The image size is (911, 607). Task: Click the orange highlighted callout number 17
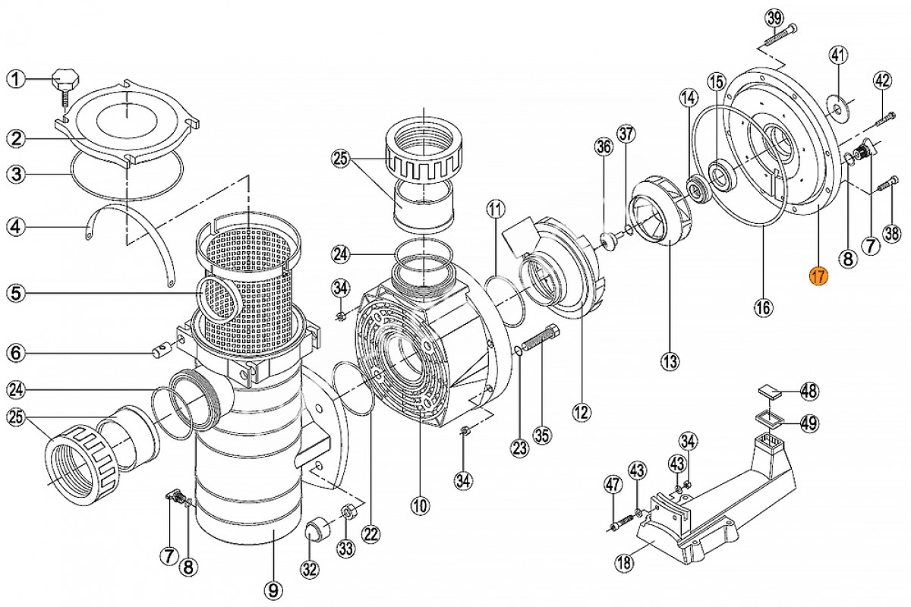pos(818,277)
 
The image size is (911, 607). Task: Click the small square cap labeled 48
pos(768,392)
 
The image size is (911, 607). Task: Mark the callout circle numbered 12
pos(581,412)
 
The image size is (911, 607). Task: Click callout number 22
pos(370,535)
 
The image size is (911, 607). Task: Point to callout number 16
pos(763,307)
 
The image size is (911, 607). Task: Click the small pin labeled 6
pos(161,350)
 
